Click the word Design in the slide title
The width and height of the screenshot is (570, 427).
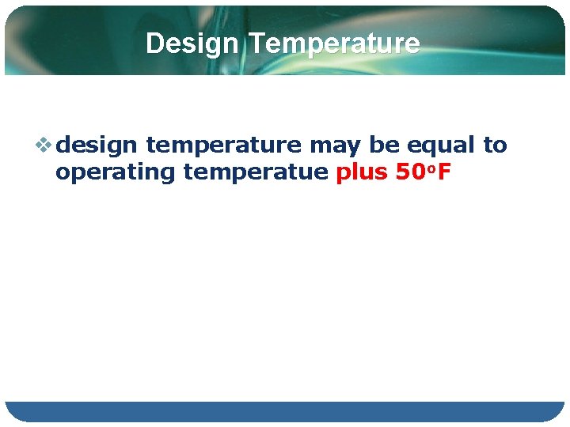coord(191,43)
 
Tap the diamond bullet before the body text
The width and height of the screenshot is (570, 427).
coord(45,145)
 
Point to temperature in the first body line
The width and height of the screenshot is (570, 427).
coord(223,145)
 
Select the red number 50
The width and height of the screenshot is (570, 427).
coord(408,172)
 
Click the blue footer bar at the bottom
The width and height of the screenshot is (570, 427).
coord(285,411)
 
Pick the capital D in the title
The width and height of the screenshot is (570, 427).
coord(154,43)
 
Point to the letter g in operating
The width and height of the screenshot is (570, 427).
coord(165,174)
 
